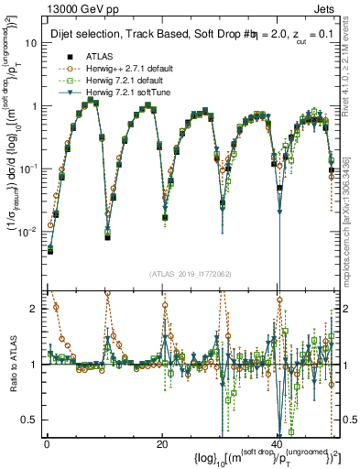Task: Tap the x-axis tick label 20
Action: point(162,444)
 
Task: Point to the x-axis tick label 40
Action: point(278,444)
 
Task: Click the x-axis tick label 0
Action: point(47,444)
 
